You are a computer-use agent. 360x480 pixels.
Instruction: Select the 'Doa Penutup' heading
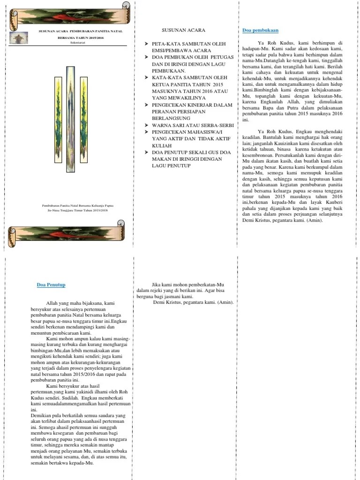[51, 285]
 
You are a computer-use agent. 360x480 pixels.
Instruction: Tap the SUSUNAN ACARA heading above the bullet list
[183, 30]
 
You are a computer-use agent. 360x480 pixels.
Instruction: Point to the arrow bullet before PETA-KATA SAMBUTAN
[147, 44]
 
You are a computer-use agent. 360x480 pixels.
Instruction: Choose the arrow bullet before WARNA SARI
[147, 126]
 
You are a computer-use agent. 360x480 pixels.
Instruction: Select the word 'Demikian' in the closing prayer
[40, 415]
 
